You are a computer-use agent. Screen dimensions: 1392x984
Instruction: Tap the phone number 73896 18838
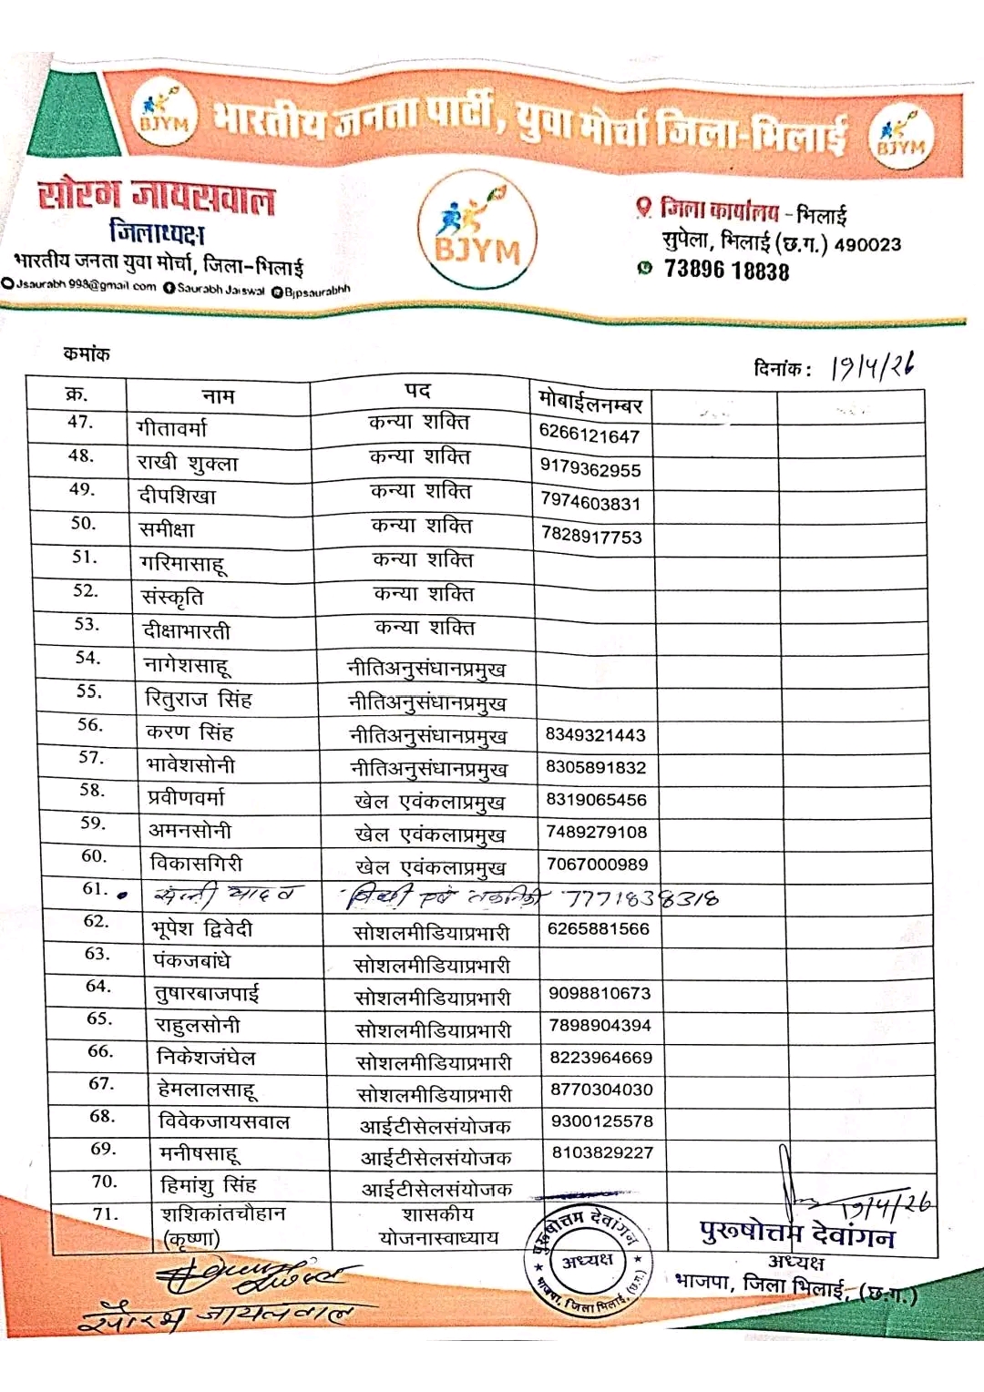pos(726,271)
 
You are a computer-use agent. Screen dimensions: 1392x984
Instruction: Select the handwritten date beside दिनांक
pos(873,366)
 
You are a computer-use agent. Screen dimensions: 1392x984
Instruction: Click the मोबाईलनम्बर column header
pos(590,401)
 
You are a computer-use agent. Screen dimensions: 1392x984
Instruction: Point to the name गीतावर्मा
pos(171,427)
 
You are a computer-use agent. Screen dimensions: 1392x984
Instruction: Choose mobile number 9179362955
pos(590,469)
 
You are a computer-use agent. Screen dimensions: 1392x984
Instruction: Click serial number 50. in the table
pos(83,523)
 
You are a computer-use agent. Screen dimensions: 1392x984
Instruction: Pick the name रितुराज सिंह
pos(199,700)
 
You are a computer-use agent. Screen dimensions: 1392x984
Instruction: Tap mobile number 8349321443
pos(596,735)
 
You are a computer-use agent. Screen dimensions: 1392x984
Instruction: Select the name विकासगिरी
pos(196,863)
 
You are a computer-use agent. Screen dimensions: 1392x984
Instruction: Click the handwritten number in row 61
pos(641,899)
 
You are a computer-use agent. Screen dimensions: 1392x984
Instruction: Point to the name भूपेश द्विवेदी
pos(202,929)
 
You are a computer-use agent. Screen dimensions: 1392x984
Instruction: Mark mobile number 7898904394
pos(600,1026)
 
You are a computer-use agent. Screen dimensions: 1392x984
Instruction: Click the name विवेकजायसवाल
pos(224,1122)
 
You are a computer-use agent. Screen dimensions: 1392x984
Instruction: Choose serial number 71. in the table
pos(106,1214)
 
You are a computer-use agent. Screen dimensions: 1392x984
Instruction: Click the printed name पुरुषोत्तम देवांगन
pos(797,1233)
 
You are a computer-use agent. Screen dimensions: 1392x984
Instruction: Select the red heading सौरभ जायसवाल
pos(156,198)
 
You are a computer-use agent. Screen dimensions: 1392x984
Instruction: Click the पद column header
pos(417,391)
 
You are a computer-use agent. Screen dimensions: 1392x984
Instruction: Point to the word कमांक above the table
pos(87,353)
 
